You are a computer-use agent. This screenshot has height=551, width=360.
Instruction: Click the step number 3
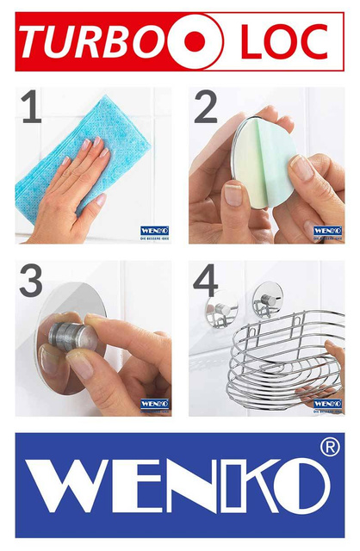31,282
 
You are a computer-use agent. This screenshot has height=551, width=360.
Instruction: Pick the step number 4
205,282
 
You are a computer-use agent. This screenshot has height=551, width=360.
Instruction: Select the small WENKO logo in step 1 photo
154,232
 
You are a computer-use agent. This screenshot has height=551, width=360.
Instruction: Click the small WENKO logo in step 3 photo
154,404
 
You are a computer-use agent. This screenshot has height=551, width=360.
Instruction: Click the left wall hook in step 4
221,312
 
